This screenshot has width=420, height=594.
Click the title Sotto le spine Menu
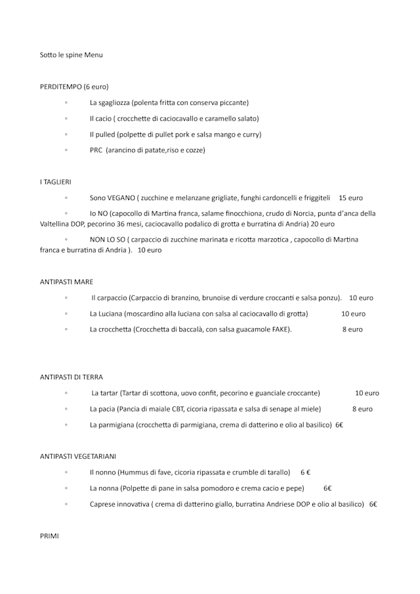71,55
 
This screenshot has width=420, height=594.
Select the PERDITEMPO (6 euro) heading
74,87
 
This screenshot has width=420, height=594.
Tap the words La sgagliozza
110,103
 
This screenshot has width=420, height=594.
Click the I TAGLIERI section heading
56,182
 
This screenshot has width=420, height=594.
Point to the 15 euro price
350,198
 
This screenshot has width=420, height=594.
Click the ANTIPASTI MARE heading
66,282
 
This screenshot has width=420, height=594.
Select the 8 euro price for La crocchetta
352,329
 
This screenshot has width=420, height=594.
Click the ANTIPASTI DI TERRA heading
71,377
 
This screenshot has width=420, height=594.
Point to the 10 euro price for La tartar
367,393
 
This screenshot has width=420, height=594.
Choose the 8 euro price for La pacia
362,409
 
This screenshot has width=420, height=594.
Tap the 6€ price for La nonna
327,488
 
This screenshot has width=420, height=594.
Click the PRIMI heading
49,536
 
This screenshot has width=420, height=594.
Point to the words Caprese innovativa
119,504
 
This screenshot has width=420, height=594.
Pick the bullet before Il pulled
66,135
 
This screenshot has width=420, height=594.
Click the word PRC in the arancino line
96,150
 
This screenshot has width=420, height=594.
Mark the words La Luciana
106,314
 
